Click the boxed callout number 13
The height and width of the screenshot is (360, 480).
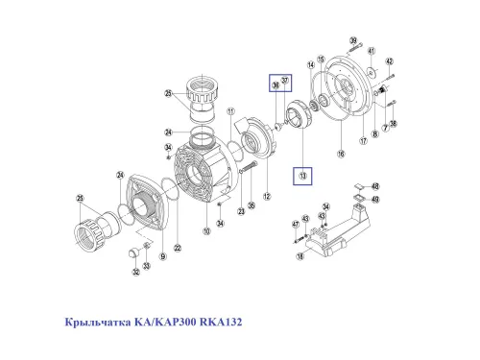tap(303, 176)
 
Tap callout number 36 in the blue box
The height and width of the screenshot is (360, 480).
tap(275, 86)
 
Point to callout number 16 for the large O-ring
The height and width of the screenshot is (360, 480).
tap(339, 153)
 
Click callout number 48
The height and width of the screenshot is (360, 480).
tap(375, 186)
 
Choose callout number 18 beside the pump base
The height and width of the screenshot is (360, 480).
tap(301, 257)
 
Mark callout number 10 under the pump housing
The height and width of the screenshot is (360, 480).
tap(205, 231)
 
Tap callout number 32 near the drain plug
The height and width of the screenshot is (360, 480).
tap(135, 272)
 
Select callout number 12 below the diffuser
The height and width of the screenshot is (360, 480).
tap(267, 197)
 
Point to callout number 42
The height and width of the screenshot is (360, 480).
tap(390, 61)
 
